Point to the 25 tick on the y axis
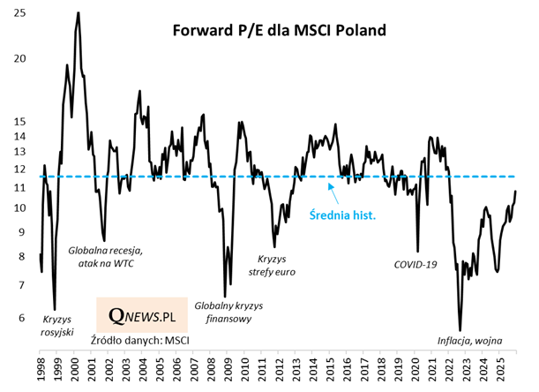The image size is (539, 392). click(20, 14)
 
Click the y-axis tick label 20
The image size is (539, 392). click(20, 59)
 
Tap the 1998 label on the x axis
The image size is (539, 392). click(41, 370)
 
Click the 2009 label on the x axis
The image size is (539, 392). click(227, 370)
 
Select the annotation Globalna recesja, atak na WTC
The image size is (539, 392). click(105, 257)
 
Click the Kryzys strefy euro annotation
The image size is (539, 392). click(276, 267)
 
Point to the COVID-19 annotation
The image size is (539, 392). click(415, 264)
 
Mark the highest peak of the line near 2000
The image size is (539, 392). click(79, 13)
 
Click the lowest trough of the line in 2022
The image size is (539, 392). click(460, 329)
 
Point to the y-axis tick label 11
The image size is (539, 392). click(20, 187)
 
